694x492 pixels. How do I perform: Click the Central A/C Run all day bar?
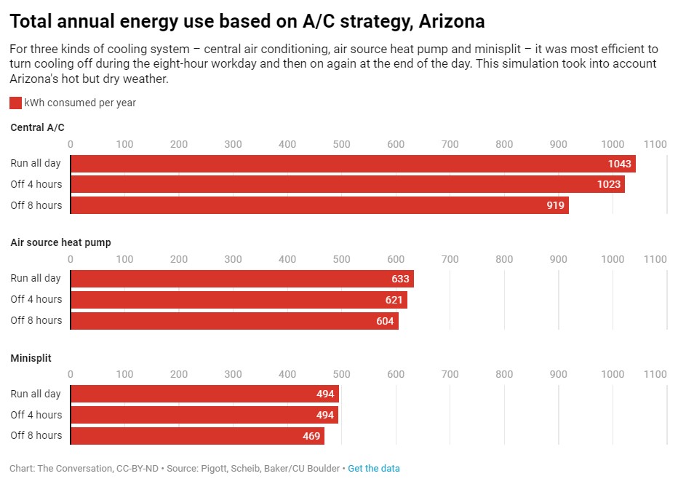point(353,164)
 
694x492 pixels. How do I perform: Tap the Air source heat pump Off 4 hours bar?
point(239,300)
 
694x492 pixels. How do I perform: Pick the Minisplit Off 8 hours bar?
point(197,436)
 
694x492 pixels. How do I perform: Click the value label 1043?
point(620,164)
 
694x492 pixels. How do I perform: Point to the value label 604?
point(385,321)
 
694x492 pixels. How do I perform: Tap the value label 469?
point(311,436)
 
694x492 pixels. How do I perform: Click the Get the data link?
point(374,469)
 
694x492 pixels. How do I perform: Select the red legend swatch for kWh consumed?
point(15,103)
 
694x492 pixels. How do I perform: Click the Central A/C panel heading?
point(37,127)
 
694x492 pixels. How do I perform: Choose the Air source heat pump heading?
point(60,242)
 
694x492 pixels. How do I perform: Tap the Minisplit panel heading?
point(31,358)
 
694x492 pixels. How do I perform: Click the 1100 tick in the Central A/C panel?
point(655,144)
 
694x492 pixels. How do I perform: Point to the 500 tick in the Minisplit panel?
point(342,374)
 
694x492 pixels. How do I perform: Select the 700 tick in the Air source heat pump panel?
point(450,259)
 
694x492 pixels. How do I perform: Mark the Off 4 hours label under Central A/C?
point(36,184)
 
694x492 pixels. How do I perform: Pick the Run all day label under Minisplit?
point(36,394)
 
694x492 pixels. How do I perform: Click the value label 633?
point(400,279)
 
